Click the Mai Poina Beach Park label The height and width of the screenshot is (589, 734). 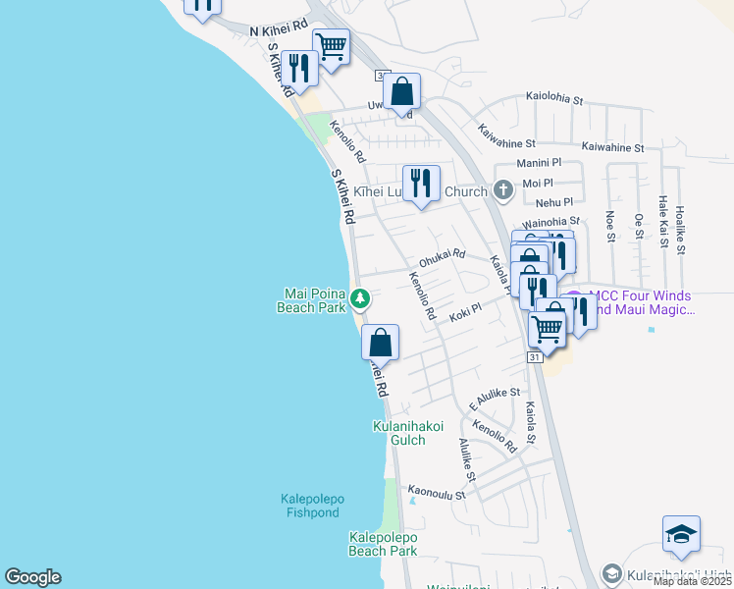click(x=316, y=300)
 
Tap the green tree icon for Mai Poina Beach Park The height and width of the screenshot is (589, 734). click(x=361, y=296)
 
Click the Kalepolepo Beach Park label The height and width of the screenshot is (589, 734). click(x=384, y=544)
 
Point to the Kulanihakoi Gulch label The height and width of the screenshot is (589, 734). click(x=399, y=433)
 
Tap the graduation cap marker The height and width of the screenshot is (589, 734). click(x=681, y=535)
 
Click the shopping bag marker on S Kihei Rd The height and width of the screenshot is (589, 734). click(x=380, y=344)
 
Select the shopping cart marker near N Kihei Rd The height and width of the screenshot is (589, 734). click(x=332, y=46)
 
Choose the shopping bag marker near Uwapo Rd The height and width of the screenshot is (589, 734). click(x=401, y=92)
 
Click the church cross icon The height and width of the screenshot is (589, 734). click(x=502, y=190)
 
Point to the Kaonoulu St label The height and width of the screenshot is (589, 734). click(x=436, y=494)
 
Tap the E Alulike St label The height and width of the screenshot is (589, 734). click(x=494, y=399)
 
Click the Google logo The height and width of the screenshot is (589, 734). click(x=32, y=577)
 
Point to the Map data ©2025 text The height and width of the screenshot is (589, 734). click(x=692, y=581)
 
